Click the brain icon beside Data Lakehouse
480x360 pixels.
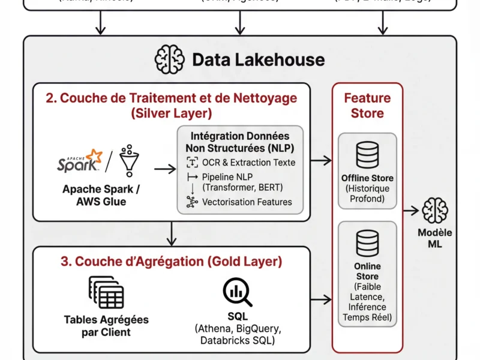(x=169, y=59)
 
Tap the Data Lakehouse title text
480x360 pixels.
(x=258, y=59)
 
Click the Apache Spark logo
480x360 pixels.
(x=79, y=161)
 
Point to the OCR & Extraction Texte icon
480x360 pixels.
(x=192, y=162)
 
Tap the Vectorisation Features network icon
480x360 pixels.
(x=192, y=202)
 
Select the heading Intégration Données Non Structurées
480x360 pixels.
(x=240, y=142)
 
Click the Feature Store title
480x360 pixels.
(x=367, y=105)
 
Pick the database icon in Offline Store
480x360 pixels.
(x=367, y=155)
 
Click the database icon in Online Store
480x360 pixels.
(x=367, y=243)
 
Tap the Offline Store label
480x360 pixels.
(x=367, y=178)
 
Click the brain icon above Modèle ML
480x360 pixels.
(x=435, y=211)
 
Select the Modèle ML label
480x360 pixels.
(x=436, y=238)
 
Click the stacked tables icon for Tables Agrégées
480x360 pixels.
(x=106, y=292)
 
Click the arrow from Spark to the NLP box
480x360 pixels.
(x=165, y=169)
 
